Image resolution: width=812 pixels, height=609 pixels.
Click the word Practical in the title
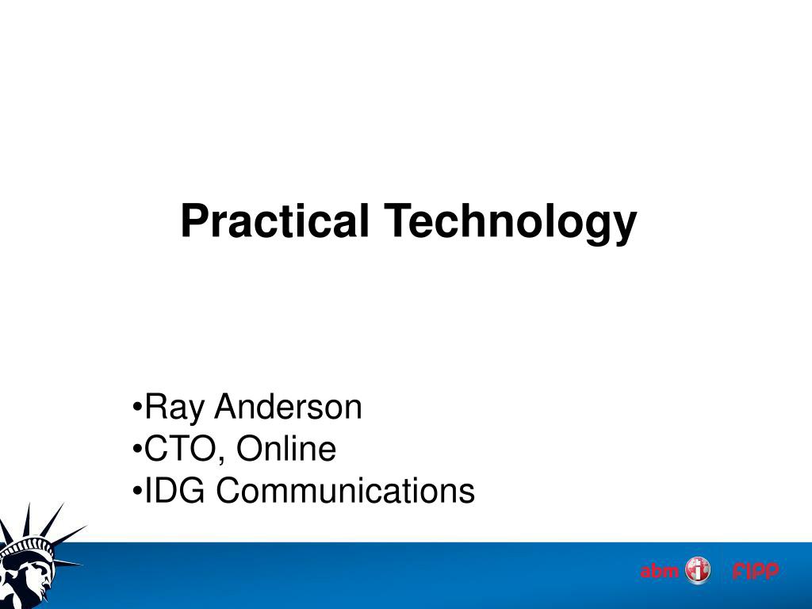[x=274, y=220]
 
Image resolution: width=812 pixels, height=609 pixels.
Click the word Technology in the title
[x=510, y=223]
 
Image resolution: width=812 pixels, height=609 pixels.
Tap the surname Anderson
[x=288, y=407]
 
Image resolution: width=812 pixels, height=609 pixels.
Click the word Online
[x=286, y=449]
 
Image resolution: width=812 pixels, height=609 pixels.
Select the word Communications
[x=345, y=490]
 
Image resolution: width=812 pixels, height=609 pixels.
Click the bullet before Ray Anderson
[x=137, y=406]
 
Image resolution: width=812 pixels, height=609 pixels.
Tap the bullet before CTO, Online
[x=137, y=448]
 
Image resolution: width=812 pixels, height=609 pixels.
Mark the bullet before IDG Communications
[x=137, y=490]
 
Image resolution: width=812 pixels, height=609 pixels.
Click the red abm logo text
[x=659, y=571]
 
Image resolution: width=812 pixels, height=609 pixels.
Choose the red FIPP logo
[x=756, y=571]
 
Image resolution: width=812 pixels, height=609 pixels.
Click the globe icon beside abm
[x=698, y=571]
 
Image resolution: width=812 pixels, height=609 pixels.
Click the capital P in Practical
[x=193, y=220]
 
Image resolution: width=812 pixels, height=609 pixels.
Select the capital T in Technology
[x=398, y=220]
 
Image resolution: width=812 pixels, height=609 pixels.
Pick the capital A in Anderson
[x=228, y=407]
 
